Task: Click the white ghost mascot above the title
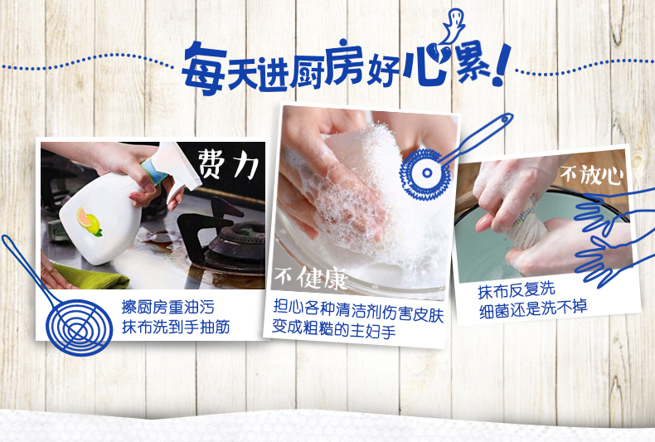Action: pos(454,25)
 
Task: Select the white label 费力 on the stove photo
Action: pos(228,164)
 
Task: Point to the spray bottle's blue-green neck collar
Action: pos(152,171)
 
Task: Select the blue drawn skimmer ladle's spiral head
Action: pos(80,327)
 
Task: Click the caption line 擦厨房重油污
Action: pos(168,307)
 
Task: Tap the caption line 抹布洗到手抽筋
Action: pos(176,327)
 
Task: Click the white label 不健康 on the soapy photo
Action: pos(311,278)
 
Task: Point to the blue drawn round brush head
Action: pos(426,172)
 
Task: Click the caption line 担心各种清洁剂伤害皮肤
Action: pos(358,310)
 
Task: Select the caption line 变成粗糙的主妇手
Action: pos(333,328)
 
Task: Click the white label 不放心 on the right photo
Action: pos(591,174)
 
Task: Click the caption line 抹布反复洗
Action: pos(517,290)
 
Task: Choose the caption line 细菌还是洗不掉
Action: pos(533,308)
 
